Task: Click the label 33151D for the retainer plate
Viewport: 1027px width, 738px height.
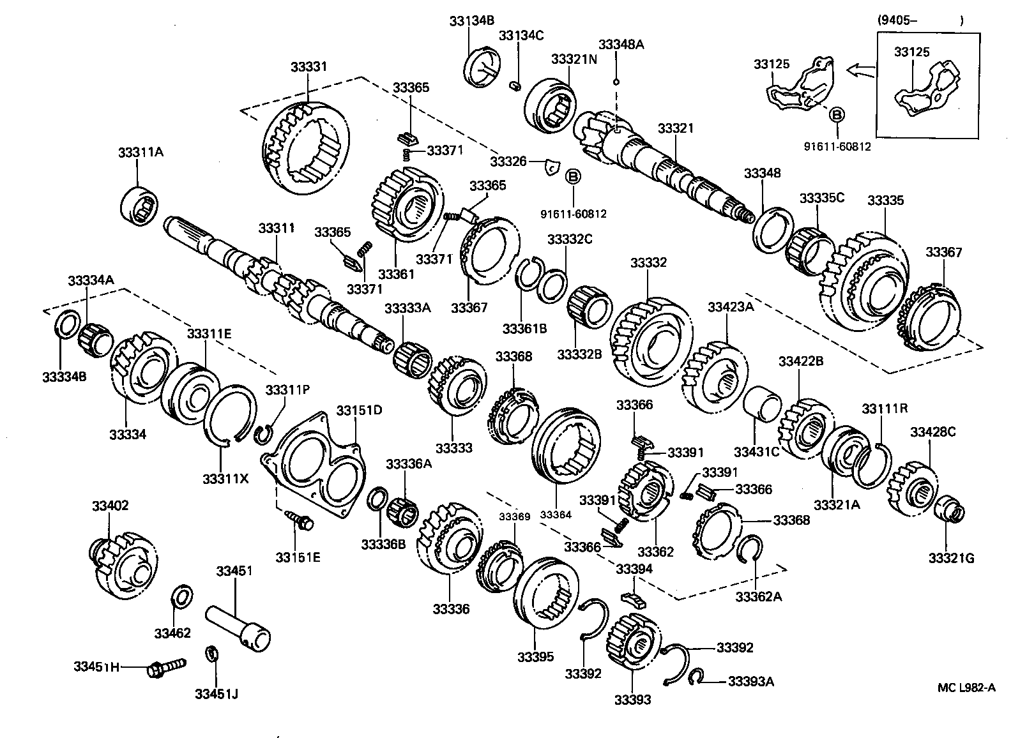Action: [359, 410]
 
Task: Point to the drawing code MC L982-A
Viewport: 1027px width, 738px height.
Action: [966, 687]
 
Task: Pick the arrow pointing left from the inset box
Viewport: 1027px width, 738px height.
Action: [860, 70]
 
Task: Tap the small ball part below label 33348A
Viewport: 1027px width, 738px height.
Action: [616, 82]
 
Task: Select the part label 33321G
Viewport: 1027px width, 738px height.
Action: [951, 558]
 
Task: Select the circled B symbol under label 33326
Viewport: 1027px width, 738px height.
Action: [573, 176]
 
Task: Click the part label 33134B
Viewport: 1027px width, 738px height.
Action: [471, 20]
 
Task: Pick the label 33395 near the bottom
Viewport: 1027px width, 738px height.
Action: [535, 657]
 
